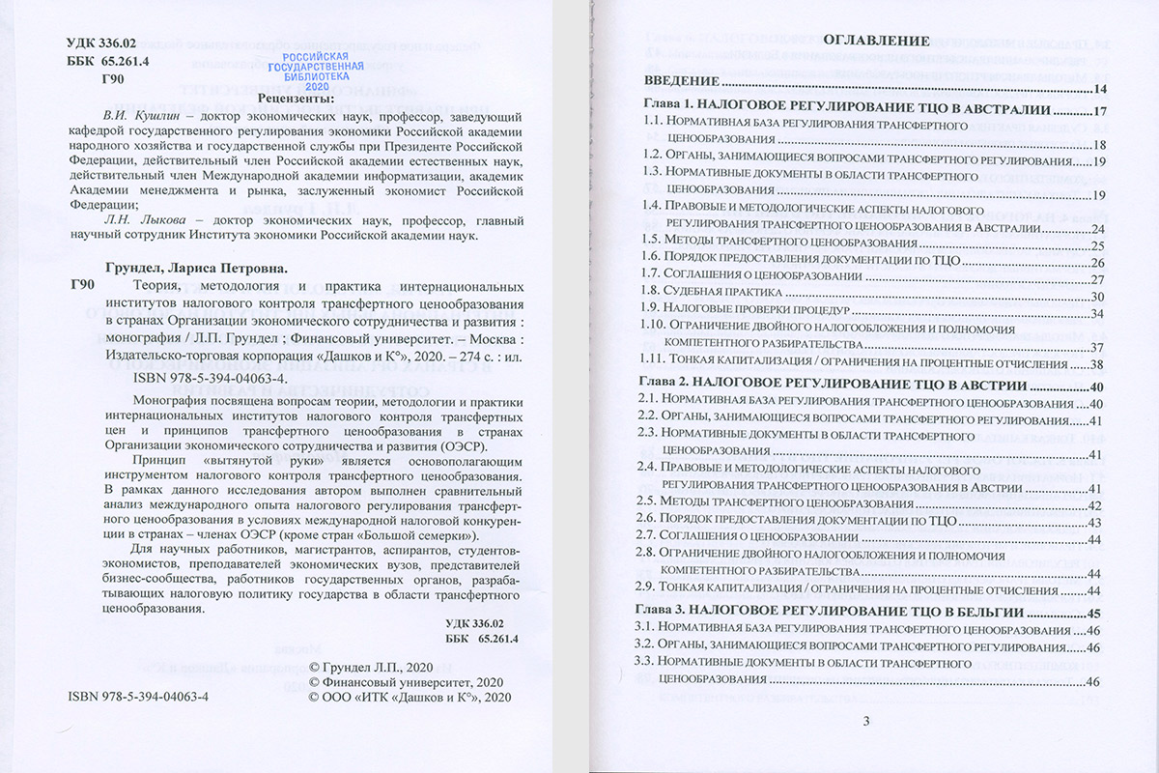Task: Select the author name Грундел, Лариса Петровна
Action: click(x=194, y=268)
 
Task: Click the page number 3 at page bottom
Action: click(x=866, y=720)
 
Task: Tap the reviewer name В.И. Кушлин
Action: click(x=135, y=117)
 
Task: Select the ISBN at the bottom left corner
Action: click(x=139, y=697)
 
